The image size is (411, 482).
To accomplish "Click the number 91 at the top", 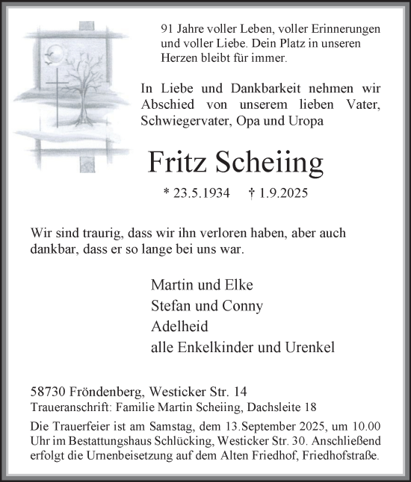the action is point(168,28).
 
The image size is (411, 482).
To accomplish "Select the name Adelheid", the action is point(180,326).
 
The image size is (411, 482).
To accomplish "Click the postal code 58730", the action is point(49,391).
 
